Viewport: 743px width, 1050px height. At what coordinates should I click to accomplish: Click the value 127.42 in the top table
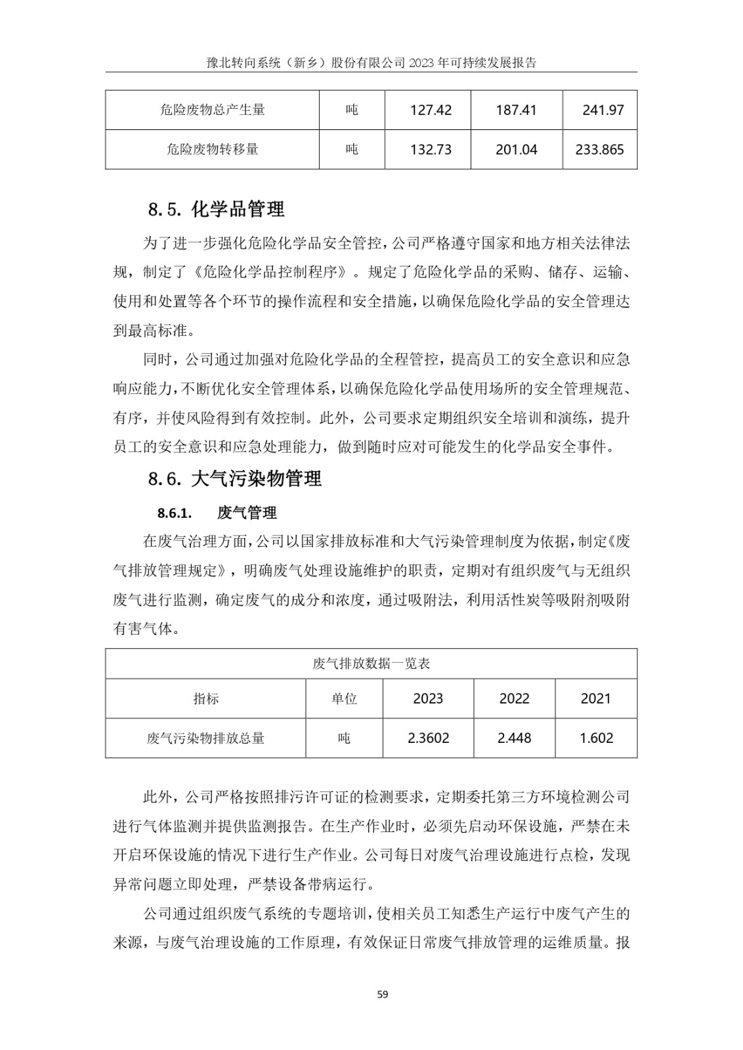431,110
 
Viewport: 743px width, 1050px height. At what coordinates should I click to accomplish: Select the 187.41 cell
516,110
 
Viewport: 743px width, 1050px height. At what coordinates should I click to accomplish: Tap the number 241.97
603,110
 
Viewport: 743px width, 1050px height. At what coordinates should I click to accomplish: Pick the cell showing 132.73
431,150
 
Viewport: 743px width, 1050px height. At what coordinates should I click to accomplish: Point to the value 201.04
516,150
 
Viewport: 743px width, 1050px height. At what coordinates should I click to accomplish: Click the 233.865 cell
600,150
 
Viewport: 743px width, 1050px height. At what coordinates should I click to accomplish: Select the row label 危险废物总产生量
213,110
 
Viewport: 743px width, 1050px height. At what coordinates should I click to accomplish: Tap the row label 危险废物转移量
213,150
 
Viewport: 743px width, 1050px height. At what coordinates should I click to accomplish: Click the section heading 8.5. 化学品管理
217,209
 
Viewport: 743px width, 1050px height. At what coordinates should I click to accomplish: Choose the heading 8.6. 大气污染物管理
235,478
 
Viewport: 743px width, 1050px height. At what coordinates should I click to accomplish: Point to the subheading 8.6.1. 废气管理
217,513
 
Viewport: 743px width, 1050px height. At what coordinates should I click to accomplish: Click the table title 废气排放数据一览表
371,663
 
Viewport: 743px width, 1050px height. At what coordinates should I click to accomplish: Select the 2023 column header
428,698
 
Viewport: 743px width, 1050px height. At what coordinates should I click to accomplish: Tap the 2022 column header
514,698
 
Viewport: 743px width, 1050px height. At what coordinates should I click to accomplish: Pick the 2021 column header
596,698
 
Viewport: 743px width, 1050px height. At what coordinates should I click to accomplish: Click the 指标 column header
206,698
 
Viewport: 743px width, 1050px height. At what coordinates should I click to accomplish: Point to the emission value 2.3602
428,738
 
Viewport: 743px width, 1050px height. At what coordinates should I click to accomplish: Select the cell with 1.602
596,738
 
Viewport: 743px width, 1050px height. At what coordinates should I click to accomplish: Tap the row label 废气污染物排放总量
206,738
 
